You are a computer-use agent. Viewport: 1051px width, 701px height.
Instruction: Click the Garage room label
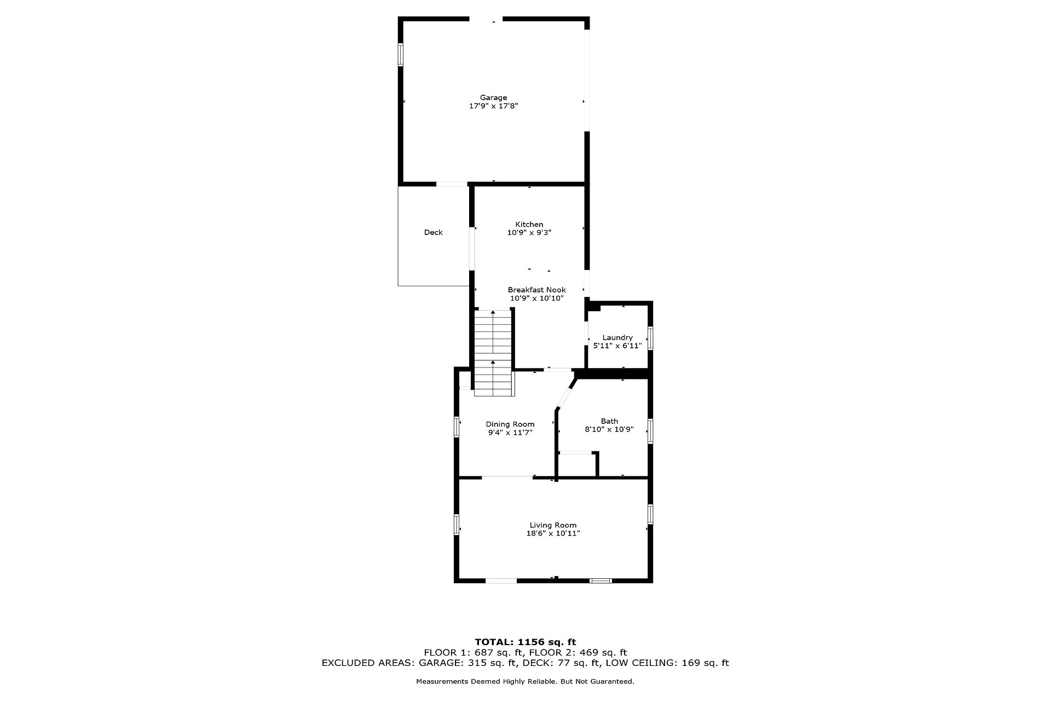tap(494, 97)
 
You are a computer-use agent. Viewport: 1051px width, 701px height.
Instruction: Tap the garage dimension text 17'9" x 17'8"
tap(494, 106)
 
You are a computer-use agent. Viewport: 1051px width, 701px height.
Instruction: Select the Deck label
tap(434, 232)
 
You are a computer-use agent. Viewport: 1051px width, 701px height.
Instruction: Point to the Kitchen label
tap(529, 224)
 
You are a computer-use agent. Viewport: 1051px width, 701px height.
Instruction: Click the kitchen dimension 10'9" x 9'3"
tap(529, 233)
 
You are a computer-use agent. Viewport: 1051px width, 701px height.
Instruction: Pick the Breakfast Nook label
tap(537, 290)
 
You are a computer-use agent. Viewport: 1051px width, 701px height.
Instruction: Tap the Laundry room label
tap(617, 337)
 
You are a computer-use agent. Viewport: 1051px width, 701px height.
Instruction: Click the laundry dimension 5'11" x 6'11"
tap(617, 346)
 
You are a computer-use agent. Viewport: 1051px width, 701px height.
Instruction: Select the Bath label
tap(609, 421)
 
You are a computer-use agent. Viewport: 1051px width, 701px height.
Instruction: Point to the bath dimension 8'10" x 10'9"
tap(609, 430)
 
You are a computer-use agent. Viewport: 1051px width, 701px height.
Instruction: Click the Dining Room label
tap(510, 424)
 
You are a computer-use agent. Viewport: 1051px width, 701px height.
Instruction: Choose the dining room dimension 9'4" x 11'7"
tap(510, 433)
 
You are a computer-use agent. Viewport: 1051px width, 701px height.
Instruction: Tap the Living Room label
tap(553, 525)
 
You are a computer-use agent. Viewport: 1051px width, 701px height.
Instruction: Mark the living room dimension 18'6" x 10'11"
tap(553, 533)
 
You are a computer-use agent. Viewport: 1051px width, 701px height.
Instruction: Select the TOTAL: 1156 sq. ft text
tap(525, 642)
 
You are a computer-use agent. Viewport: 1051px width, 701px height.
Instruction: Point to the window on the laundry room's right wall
tap(650, 338)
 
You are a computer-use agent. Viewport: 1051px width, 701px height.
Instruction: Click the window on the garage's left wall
tap(400, 55)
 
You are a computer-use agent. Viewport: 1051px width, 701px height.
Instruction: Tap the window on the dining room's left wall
tap(456, 427)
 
